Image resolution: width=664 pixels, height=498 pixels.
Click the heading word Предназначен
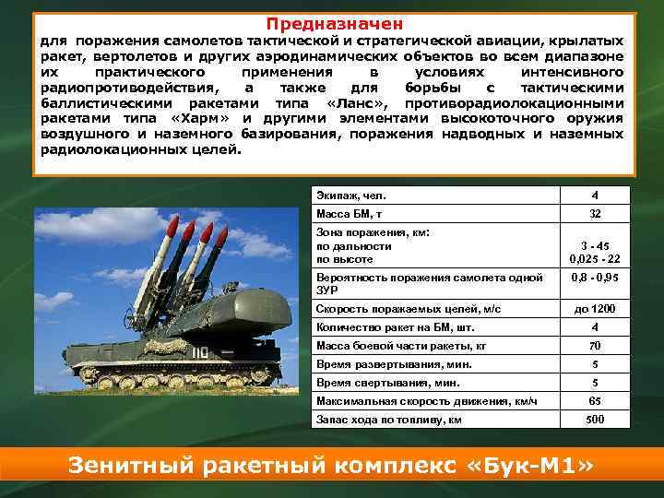click(335, 24)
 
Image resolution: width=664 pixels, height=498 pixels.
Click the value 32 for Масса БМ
click(595, 214)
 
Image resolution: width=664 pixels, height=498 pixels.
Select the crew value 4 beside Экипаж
click(595, 196)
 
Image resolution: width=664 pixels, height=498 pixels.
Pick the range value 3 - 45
click(595, 246)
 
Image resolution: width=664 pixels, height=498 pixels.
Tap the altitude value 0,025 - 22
click(595, 259)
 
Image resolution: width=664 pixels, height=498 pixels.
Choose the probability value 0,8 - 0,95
click(595, 277)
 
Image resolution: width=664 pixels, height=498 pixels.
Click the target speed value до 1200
click(595, 309)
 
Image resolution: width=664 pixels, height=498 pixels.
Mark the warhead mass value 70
click(595, 346)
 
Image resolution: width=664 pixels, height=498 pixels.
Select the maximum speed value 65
click(595, 401)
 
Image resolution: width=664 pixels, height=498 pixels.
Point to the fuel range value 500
click(595, 420)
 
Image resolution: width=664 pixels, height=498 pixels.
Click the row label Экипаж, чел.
click(351, 196)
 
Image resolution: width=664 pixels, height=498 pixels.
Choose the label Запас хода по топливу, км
click(388, 420)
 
